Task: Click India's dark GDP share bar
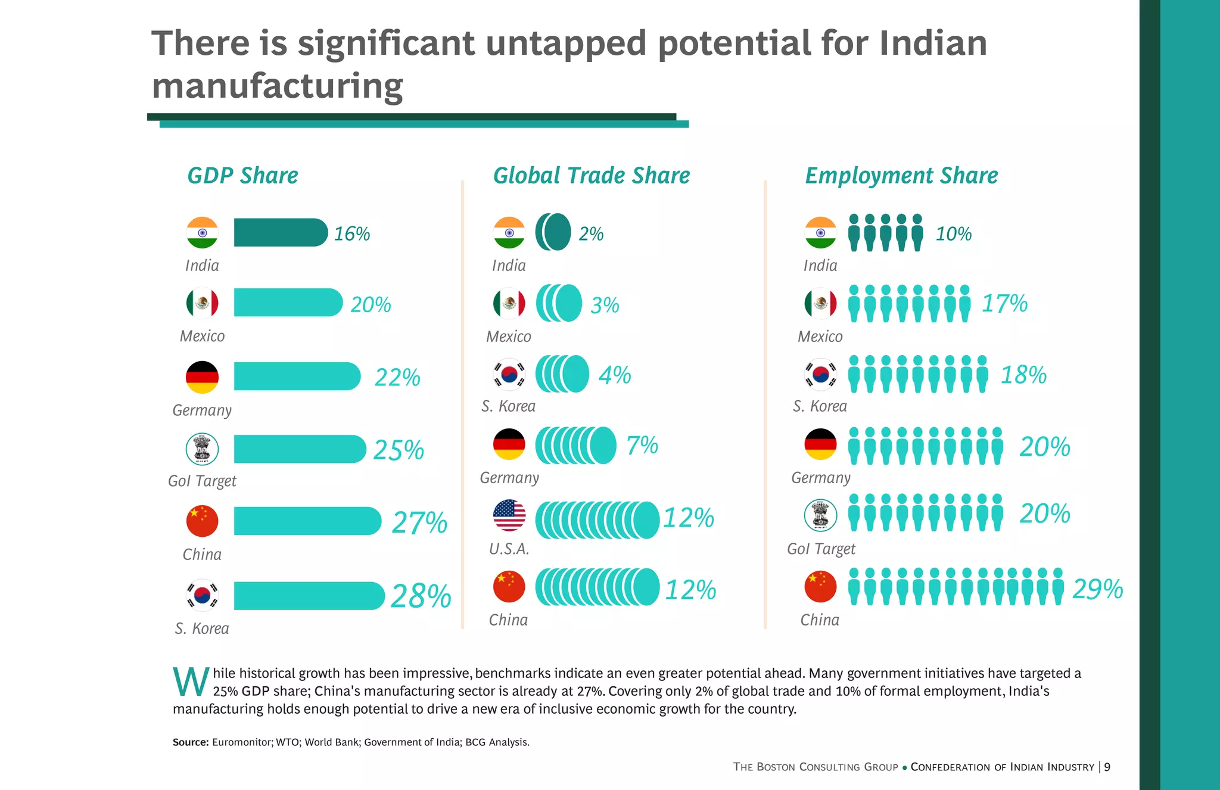tap(280, 232)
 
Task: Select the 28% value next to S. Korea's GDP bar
tap(421, 596)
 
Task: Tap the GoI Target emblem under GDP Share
tap(202, 449)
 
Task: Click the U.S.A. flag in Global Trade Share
tap(509, 515)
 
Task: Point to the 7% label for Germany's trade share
tap(642, 445)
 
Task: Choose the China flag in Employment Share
tap(820, 586)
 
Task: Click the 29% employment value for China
tap(1097, 589)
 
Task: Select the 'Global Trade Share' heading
tap(591, 176)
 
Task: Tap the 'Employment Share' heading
tap(901, 176)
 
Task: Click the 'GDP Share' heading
tap(242, 176)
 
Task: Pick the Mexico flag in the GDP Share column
tap(202, 303)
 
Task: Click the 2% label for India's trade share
tap(591, 234)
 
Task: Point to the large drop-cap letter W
tap(191, 682)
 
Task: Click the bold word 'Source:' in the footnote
tap(191, 742)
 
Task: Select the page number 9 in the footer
tap(1107, 767)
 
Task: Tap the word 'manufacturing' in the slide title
tap(277, 86)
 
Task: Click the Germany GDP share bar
tap(297, 377)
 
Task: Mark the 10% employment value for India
tap(953, 234)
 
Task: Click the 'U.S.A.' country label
tap(509, 549)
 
